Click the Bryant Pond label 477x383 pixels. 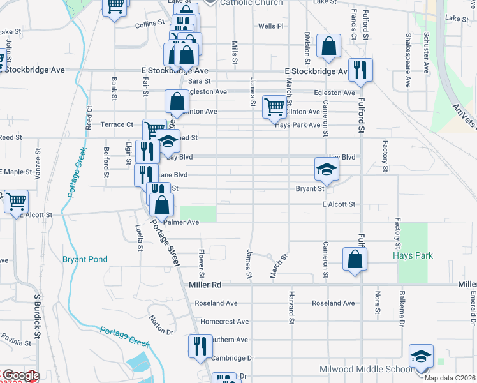tap(85, 259)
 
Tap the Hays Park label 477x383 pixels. tap(413, 255)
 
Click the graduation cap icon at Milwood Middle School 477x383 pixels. tap(421, 355)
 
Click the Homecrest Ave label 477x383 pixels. tap(224, 322)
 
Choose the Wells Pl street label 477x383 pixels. tap(270, 26)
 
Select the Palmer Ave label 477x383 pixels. tap(182, 222)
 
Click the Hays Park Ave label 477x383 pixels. tap(297, 125)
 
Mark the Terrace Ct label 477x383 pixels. tap(117, 124)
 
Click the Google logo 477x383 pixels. tap(20, 376)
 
